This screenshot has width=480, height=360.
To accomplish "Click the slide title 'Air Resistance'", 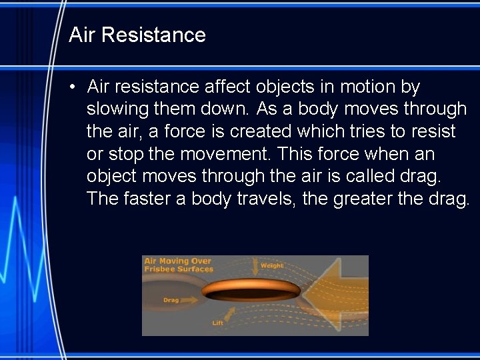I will pos(137,35).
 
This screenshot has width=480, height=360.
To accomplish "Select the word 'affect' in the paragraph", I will pos(224,87).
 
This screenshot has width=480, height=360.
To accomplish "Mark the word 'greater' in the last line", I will pos(363,199).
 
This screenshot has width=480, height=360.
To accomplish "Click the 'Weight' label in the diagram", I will pos(272,265).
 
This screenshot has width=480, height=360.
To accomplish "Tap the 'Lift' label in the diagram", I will pos(217,323).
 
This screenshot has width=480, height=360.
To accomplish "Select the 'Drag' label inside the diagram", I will pos(171,300).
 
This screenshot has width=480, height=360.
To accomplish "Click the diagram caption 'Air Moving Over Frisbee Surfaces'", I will pos(178,265).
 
